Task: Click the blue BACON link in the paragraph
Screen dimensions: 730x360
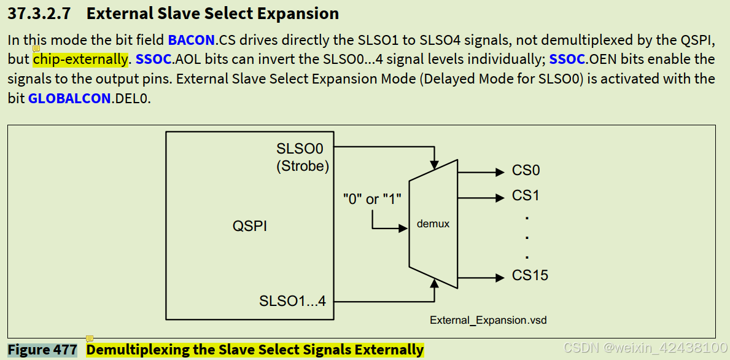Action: click(x=191, y=41)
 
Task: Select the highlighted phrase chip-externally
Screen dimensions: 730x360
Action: click(x=80, y=60)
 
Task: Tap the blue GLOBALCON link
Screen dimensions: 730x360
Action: click(x=69, y=98)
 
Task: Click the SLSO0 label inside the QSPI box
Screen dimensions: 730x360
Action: click(x=300, y=149)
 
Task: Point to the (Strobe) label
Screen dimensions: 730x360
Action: click(x=302, y=166)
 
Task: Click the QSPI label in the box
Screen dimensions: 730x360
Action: click(x=249, y=225)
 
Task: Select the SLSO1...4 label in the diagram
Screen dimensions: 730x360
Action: click(x=293, y=301)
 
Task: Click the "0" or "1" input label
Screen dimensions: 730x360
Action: click(x=372, y=199)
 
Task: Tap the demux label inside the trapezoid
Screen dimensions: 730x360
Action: click(x=433, y=224)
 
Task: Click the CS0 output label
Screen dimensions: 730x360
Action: click(x=526, y=171)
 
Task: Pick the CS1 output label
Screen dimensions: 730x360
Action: click(x=526, y=196)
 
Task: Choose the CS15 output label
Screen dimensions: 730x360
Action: click(x=530, y=275)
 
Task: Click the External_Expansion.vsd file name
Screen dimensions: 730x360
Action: click(x=488, y=320)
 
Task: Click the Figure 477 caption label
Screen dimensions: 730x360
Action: click(x=42, y=350)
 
